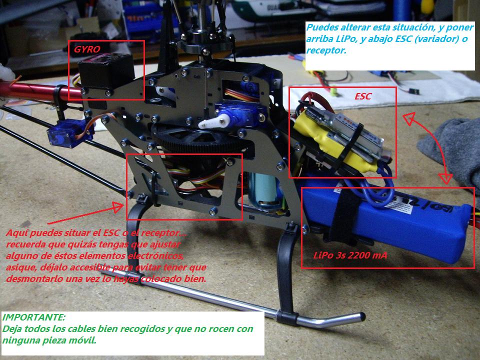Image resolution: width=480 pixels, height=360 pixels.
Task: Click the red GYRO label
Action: point(87,49)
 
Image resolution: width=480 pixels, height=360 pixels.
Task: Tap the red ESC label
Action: point(363,96)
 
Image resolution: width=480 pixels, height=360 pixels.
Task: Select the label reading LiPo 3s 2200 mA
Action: point(350,255)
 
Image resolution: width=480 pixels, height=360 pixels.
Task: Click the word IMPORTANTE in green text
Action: point(33,317)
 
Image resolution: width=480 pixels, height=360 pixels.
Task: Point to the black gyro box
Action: point(106,72)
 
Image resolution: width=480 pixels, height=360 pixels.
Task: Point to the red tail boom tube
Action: point(36,91)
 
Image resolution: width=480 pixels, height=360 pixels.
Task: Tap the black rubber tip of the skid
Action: point(361,316)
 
